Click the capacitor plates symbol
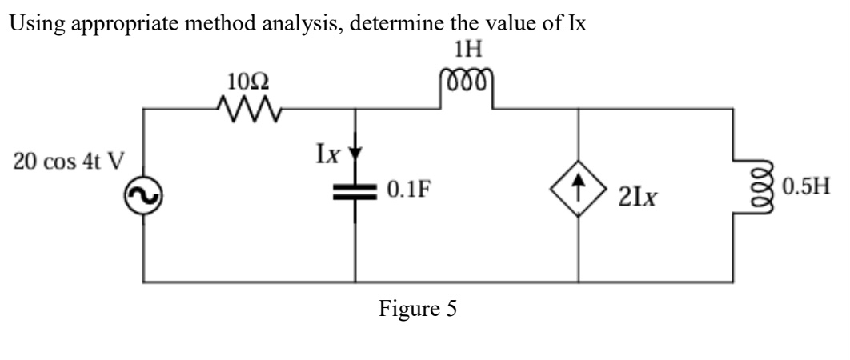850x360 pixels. pyautogui.click(x=355, y=192)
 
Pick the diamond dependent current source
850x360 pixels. pyautogui.click(x=578, y=194)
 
